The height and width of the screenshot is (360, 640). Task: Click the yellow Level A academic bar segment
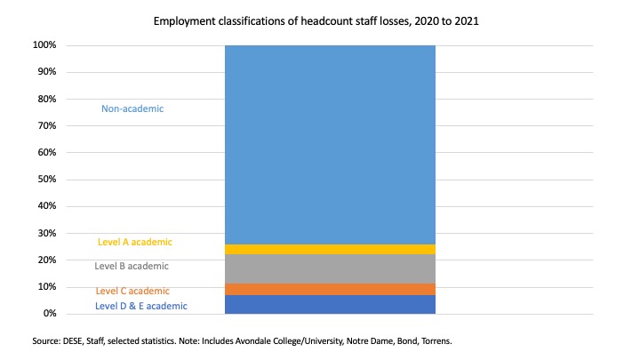330,249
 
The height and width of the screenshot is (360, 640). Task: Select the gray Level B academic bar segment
330,268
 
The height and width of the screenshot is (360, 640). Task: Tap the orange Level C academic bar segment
330,289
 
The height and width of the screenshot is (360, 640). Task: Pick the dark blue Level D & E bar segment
330,305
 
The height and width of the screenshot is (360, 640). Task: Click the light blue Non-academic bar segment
330,145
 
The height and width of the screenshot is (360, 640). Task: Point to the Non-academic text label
132,108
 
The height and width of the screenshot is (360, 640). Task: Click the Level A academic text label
135,242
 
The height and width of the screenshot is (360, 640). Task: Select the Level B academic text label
132,266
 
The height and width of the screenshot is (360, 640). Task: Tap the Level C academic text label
132,291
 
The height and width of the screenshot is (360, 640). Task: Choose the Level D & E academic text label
140,306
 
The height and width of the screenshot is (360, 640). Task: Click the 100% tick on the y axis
44,45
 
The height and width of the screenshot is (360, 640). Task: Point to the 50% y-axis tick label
47,180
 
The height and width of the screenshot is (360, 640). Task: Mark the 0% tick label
50,314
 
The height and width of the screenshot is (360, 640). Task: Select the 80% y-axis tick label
47,99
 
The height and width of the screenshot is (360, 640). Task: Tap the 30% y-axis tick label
47,233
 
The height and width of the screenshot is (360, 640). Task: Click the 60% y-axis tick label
47,152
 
